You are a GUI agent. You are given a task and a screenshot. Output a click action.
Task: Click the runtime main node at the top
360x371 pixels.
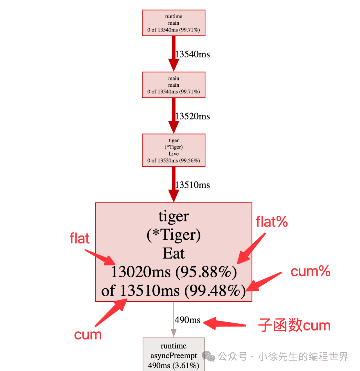(173, 23)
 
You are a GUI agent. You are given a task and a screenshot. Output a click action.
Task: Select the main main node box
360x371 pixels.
(173, 85)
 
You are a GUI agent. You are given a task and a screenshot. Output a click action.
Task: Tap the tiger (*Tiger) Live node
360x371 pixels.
(173, 150)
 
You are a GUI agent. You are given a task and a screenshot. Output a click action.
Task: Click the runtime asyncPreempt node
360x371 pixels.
(173, 355)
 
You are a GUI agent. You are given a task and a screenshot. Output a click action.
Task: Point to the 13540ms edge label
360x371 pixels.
(192, 54)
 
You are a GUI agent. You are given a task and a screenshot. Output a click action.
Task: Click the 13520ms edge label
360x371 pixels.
(192, 116)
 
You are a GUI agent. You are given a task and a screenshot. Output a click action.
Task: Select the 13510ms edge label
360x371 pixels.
(192, 185)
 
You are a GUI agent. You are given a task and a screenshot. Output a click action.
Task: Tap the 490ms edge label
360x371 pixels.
(187, 320)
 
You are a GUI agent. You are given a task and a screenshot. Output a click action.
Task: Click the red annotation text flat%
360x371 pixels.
(272, 222)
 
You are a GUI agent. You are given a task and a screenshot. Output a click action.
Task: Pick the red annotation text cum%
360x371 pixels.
(310, 272)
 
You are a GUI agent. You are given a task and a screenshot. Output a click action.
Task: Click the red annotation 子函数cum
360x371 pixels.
(294, 325)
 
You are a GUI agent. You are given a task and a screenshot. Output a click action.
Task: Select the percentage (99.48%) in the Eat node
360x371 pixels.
(213, 291)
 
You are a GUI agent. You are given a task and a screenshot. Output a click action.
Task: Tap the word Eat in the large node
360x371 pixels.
(173, 254)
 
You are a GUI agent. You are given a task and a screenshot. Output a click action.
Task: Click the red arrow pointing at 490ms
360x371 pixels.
(225, 323)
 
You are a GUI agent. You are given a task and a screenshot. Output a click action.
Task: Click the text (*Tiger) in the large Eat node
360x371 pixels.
(173, 236)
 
